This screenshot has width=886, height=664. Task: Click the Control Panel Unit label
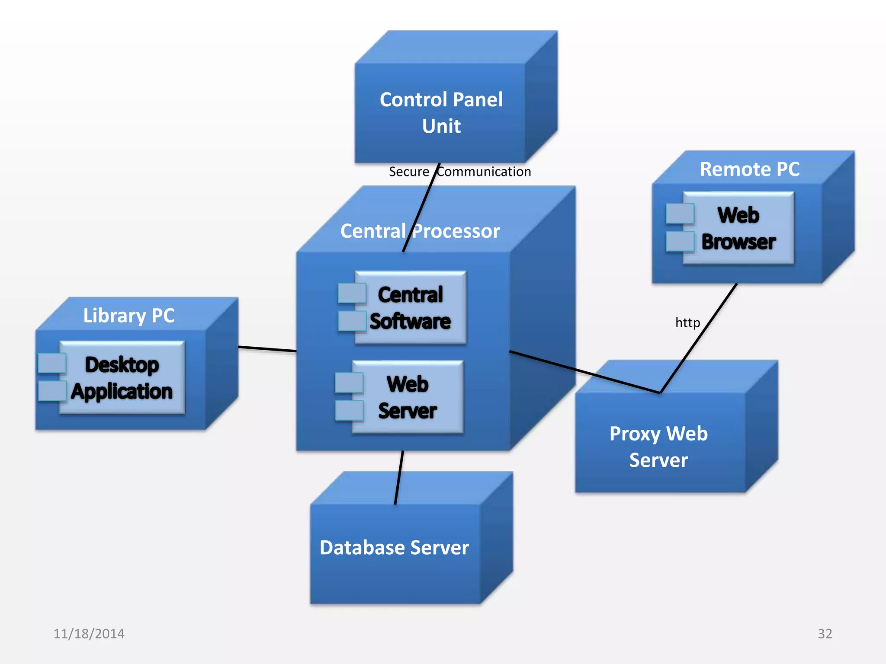click(x=441, y=112)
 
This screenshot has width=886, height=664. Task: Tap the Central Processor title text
click(x=420, y=231)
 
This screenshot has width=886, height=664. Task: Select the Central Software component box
click(x=410, y=308)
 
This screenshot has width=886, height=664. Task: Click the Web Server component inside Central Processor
click(x=408, y=397)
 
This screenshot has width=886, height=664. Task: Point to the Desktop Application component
click(x=122, y=377)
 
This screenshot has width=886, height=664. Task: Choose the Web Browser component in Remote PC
click(x=738, y=228)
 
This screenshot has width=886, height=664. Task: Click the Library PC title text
click(x=129, y=315)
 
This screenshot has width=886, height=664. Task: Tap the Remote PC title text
click(x=750, y=169)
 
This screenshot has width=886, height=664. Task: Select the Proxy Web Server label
click(x=658, y=446)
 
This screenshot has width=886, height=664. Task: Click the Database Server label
click(x=394, y=547)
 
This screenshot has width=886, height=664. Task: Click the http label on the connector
click(x=687, y=322)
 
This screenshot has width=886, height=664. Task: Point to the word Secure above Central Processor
click(x=409, y=172)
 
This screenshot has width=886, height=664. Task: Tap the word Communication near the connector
click(x=485, y=172)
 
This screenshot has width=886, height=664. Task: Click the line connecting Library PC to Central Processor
click(x=267, y=349)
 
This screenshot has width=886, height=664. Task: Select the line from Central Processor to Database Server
click(x=399, y=478)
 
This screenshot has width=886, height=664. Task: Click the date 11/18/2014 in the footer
click(x=89, y=633)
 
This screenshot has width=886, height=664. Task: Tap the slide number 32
click(x=825, y=633)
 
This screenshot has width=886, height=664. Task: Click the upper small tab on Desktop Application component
click(x=52, y=363)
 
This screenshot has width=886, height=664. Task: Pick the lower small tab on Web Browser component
click(x=680, y=241)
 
